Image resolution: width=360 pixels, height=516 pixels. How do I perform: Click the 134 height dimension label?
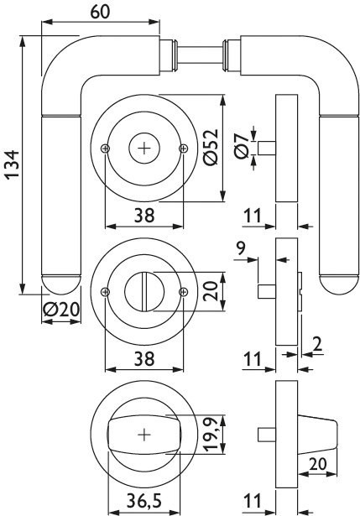pos(13,164)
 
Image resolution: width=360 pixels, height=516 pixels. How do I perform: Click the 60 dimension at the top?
pos(100,13)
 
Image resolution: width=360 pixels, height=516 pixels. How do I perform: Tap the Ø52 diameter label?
pos(211,147)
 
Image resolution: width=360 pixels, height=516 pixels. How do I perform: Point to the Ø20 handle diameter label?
pos(61,310)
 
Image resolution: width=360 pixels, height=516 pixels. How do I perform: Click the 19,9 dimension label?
pos(211,434)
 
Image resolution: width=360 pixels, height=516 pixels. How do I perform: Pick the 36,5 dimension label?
pos(144,501)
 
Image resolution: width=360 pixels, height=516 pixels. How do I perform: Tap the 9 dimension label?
pos(241,248)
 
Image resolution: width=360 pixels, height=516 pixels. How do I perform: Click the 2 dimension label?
pos(317,344)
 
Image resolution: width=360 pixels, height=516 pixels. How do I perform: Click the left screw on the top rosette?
pos(105,149)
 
